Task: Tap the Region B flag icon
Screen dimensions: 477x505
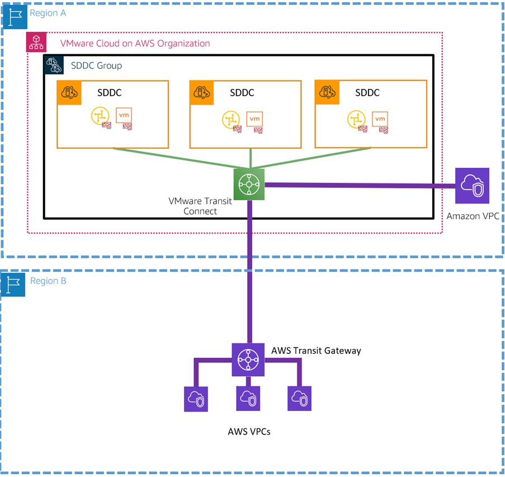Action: pyautogui.click(x=13, y=284)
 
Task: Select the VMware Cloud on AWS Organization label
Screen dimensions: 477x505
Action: pyautogui.click(x=135, y=44)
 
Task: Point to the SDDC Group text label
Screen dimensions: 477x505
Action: pyautogui.click(x=96, y=65)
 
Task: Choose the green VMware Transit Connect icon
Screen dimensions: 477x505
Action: pyautogui.click(x=249, y=184)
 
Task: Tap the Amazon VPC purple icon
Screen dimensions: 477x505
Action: pyautogui.click(x=473, y=186)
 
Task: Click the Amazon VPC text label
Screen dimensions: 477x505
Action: pyautogui.click(x=473, y=216)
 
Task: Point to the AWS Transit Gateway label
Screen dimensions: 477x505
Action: pyautogui.click(x=316, y=351)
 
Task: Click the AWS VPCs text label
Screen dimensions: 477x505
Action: pyautogui.click(x=249, y=432)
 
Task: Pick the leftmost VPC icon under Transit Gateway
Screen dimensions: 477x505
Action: pyautogui.click(x=196, y=399)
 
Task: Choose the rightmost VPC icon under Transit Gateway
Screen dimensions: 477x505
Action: pyautogui.click(x=300, y=399)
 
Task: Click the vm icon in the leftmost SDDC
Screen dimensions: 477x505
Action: pyautogui.click(x=124, y=116)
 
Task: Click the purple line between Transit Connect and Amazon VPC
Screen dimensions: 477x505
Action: pyautogui.click(x=358, y=185)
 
